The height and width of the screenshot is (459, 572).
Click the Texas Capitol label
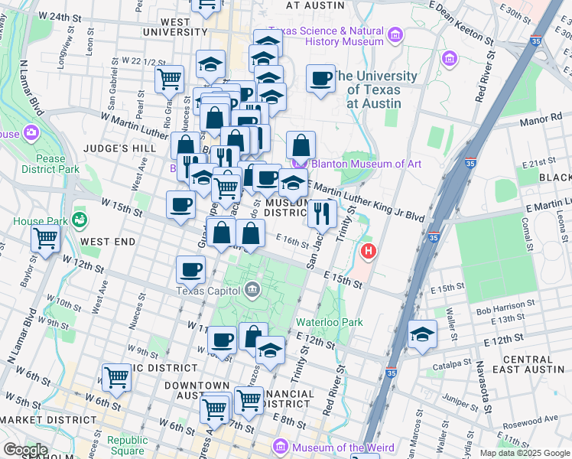(209, 290)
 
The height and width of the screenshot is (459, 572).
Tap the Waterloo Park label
(330, 322)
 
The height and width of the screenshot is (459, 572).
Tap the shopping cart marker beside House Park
(45, 238)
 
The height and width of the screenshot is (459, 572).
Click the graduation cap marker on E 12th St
(421, 334)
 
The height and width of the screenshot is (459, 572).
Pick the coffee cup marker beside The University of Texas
(320, 77)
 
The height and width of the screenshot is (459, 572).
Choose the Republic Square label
(127, 445)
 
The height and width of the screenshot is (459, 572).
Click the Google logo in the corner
(24, 450)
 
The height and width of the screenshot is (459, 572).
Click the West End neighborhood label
(108, 242)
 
